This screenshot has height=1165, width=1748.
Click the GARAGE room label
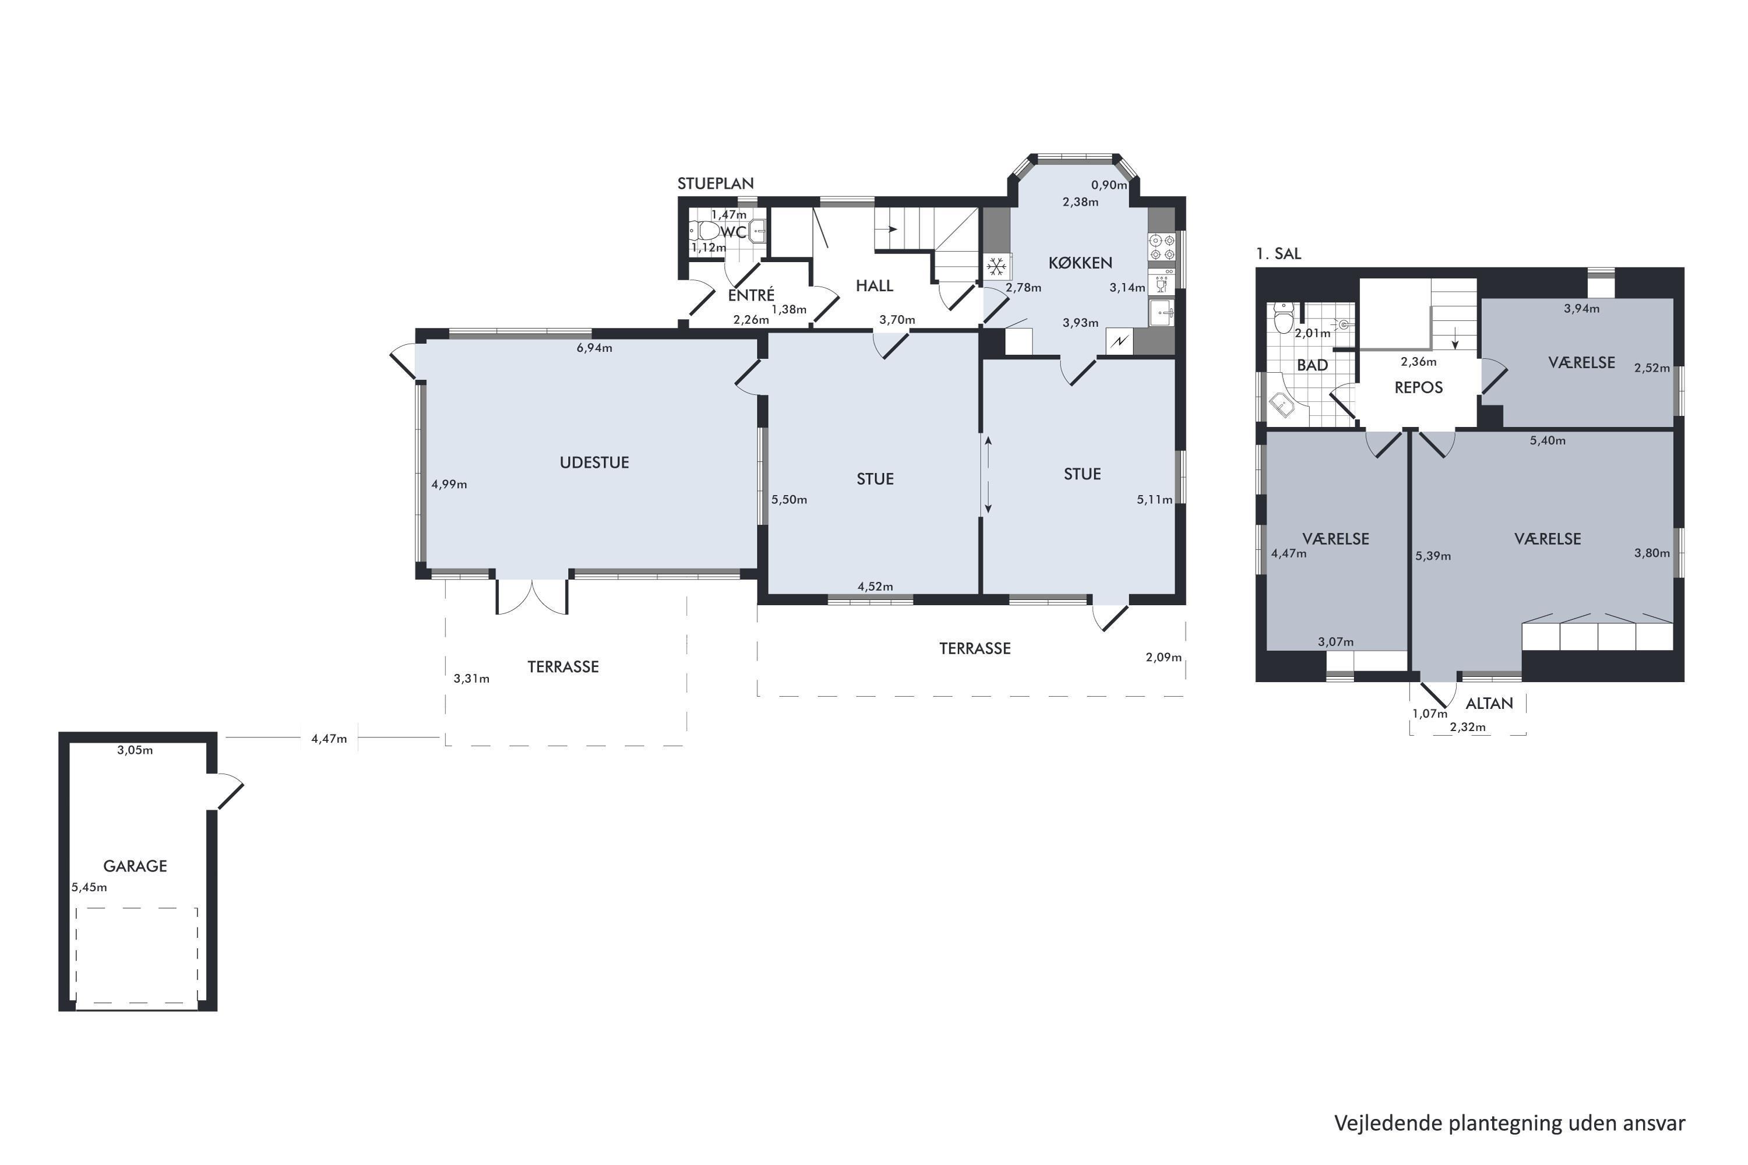coord(135,866)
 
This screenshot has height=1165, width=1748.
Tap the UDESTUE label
coord(594,463)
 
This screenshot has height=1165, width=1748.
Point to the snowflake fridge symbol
coord(996,266)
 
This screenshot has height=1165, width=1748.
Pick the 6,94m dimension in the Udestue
coord(594,348)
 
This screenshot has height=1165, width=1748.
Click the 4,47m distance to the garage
coord(329,739)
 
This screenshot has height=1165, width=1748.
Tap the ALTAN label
coord(1489,704)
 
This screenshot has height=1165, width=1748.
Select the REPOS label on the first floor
coord(1419,388)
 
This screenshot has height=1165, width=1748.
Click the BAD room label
coord(1313,366)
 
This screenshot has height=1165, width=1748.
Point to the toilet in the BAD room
coord(1284,318)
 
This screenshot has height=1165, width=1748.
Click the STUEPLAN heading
coord(716,183)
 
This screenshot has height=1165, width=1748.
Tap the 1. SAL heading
coord(1279,253)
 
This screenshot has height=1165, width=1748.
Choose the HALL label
coord(875,286)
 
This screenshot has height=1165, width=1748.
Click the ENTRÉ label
coord(752,295)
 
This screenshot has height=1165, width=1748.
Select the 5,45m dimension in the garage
coord(89,887)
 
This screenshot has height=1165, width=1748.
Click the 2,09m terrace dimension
coord(1164,657)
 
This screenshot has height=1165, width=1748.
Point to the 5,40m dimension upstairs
coord(1548,440)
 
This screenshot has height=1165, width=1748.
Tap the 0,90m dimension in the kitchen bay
coord(1109,185)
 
